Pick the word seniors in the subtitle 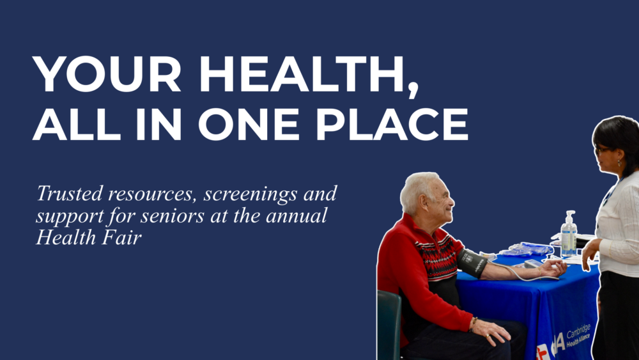click(154, 216)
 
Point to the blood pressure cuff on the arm click(472, 262)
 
